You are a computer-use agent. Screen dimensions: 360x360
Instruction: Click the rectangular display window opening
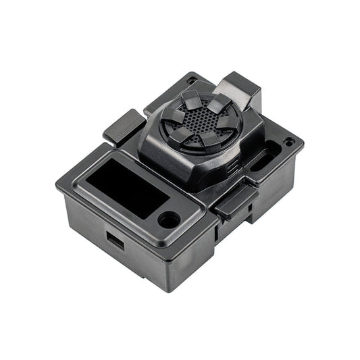pyautogui.click(x=126, y=188)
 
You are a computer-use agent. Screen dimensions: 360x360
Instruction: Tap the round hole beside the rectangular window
pyautogui.click(x=168, y=220)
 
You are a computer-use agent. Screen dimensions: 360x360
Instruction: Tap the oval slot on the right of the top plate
pyautogui.click(x=263, y=160)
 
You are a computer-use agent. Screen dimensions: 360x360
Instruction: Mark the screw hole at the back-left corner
pyautogui.click(x=192, y=81)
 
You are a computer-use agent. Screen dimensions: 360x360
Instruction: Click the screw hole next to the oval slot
pyautogui.click(x=288, y=143)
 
